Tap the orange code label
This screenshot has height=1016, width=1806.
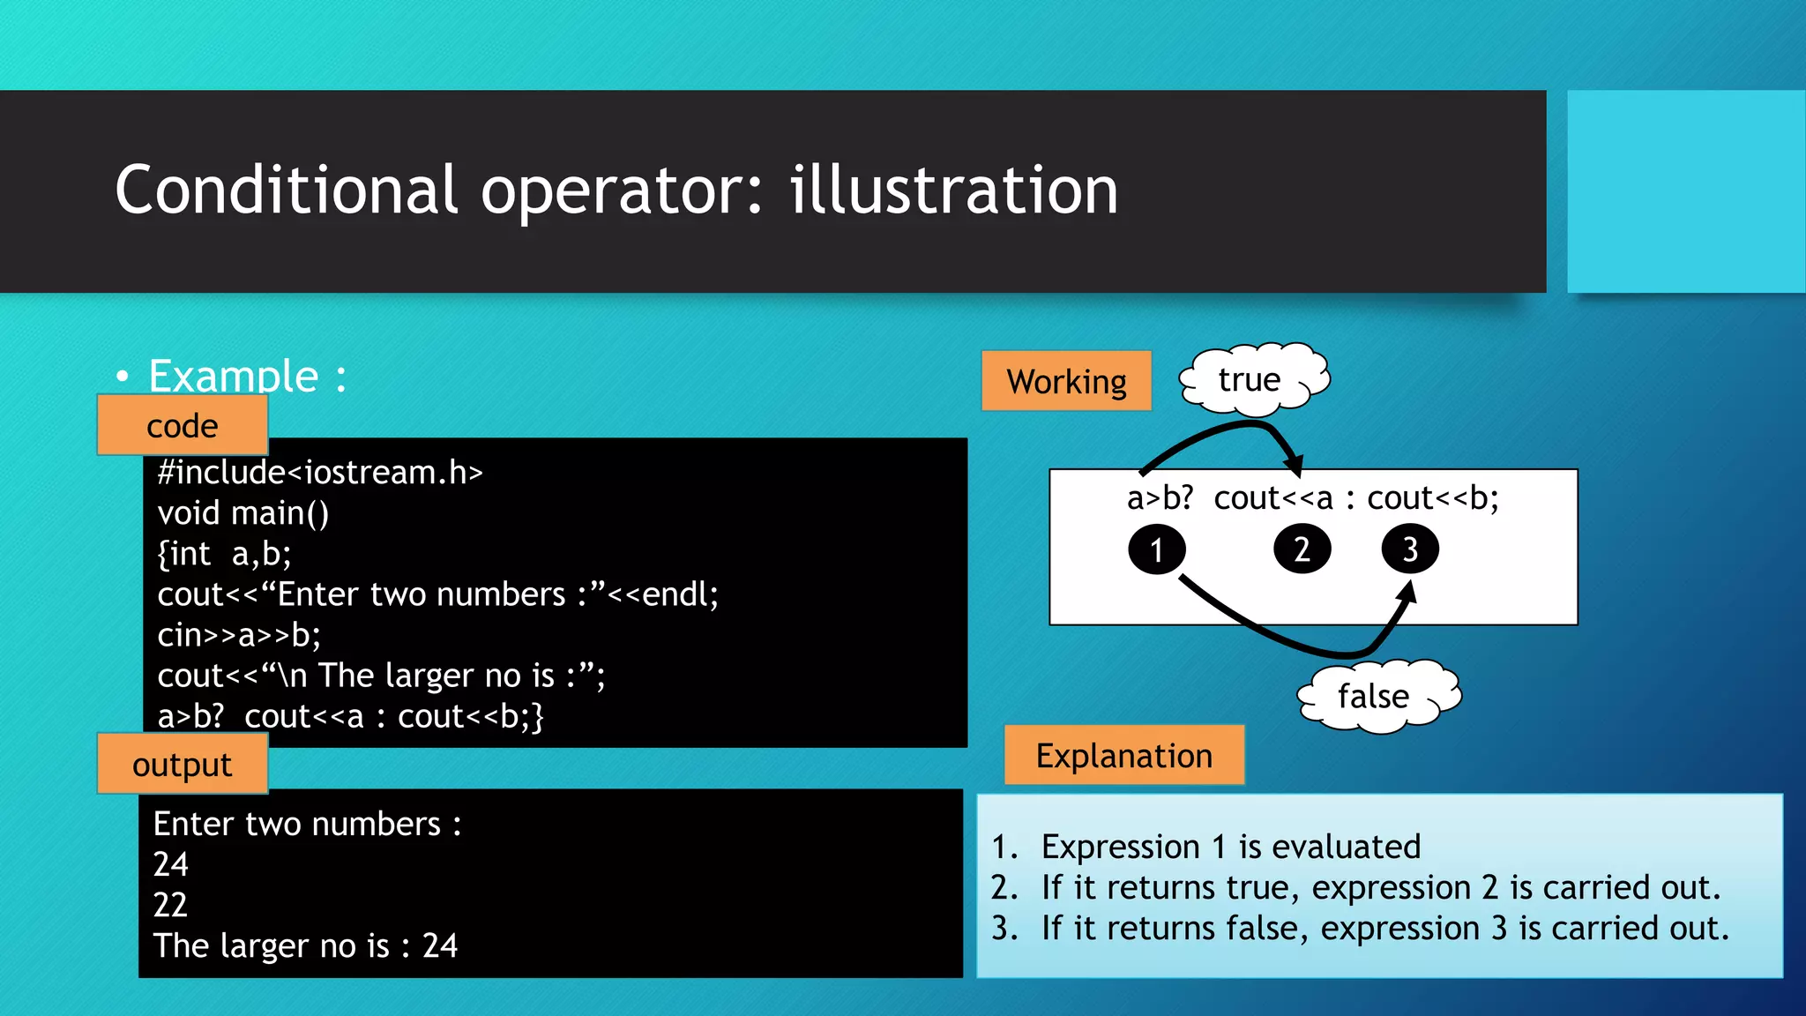tap(183, 426)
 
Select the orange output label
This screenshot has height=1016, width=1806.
tap(183, 765)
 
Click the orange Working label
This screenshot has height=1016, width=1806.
tap(1066, 381)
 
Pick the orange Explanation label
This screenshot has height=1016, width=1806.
tap(1123, 756)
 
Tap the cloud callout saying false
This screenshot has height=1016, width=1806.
tap(1376, 696)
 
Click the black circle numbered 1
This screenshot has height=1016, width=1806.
tap(1156, 549)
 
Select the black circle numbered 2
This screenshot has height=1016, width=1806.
tap(1302, 549)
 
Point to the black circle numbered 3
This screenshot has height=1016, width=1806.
tap(1409, 549)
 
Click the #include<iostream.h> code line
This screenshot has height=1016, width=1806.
tap(320, 473)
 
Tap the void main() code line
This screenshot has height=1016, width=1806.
tap(243, 513)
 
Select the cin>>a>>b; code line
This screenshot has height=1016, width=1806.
tap(239, 635)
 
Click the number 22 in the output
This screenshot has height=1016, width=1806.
tap(170, 905)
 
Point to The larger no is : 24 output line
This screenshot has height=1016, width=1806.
tap(305, 945)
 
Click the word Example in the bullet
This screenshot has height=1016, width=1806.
tap(234, 377)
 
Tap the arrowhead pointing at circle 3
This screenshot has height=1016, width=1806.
tap(1408, 591)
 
